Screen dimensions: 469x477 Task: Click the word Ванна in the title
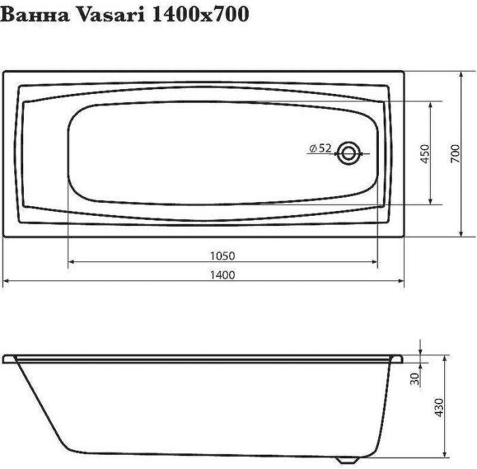[33, 15]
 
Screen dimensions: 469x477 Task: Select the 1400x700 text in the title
[198, 15]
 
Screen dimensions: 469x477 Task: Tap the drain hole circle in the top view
[349, 152]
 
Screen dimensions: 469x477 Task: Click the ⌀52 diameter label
[320, 148]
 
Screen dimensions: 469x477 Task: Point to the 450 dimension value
[424, 154]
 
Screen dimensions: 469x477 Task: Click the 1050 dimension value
[224, 256]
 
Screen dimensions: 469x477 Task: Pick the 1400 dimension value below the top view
[224, 275]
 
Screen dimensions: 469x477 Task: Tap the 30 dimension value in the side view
[414, 379]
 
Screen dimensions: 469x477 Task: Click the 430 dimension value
[439, 407]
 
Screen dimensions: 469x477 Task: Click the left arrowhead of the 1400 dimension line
[7, 280]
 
